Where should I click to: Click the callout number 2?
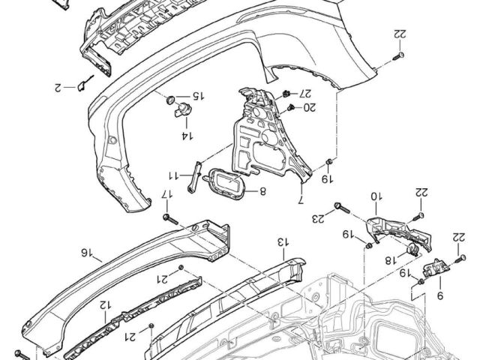(x=58, y=88)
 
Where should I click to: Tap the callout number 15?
(x=198, y=96)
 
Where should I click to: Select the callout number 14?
(x=187, y=136)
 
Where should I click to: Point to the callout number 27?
(x=304, y=92)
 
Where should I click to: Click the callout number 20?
(x=310, y=107)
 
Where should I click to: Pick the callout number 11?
(x=174, y=175)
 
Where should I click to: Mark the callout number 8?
(x=262, y=192)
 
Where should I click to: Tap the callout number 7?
(x=301, y=200)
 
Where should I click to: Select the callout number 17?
(x=167, y=194)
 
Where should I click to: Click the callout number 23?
(x=318, y=218)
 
